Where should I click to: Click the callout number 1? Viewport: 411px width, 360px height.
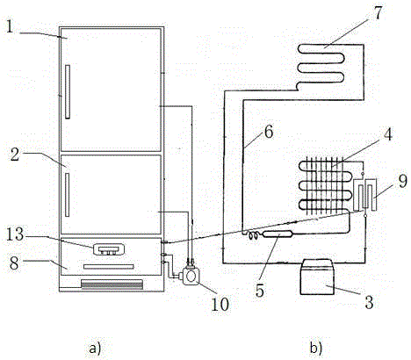click(10, 26)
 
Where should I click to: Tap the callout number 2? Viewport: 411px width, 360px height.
click(15, 154)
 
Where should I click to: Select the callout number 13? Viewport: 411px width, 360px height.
click(15, 234)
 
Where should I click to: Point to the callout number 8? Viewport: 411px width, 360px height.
click(14, 263)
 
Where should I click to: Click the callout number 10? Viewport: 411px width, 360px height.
click(220, 304)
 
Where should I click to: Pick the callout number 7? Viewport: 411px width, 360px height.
click(378, 13)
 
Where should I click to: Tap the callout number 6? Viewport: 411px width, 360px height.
click(269, 132)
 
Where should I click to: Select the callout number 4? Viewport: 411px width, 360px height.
click(387, 134)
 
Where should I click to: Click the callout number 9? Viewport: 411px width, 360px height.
click(403, 181)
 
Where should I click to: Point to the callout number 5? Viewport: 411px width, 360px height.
click(260, 291)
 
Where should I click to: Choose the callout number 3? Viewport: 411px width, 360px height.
click(369, 302)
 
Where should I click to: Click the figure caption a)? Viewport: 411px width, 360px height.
click(95, 349)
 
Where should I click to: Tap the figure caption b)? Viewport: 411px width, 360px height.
click(316, 349)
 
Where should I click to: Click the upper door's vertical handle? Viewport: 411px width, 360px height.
click(68, 91)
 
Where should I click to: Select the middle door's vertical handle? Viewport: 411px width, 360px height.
click(67, 195)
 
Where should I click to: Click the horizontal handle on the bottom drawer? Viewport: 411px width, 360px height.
click(109, 267)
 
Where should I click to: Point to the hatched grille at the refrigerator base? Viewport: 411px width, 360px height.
click(112, 284)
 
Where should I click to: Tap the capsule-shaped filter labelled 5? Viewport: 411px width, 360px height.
click(278, 234)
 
